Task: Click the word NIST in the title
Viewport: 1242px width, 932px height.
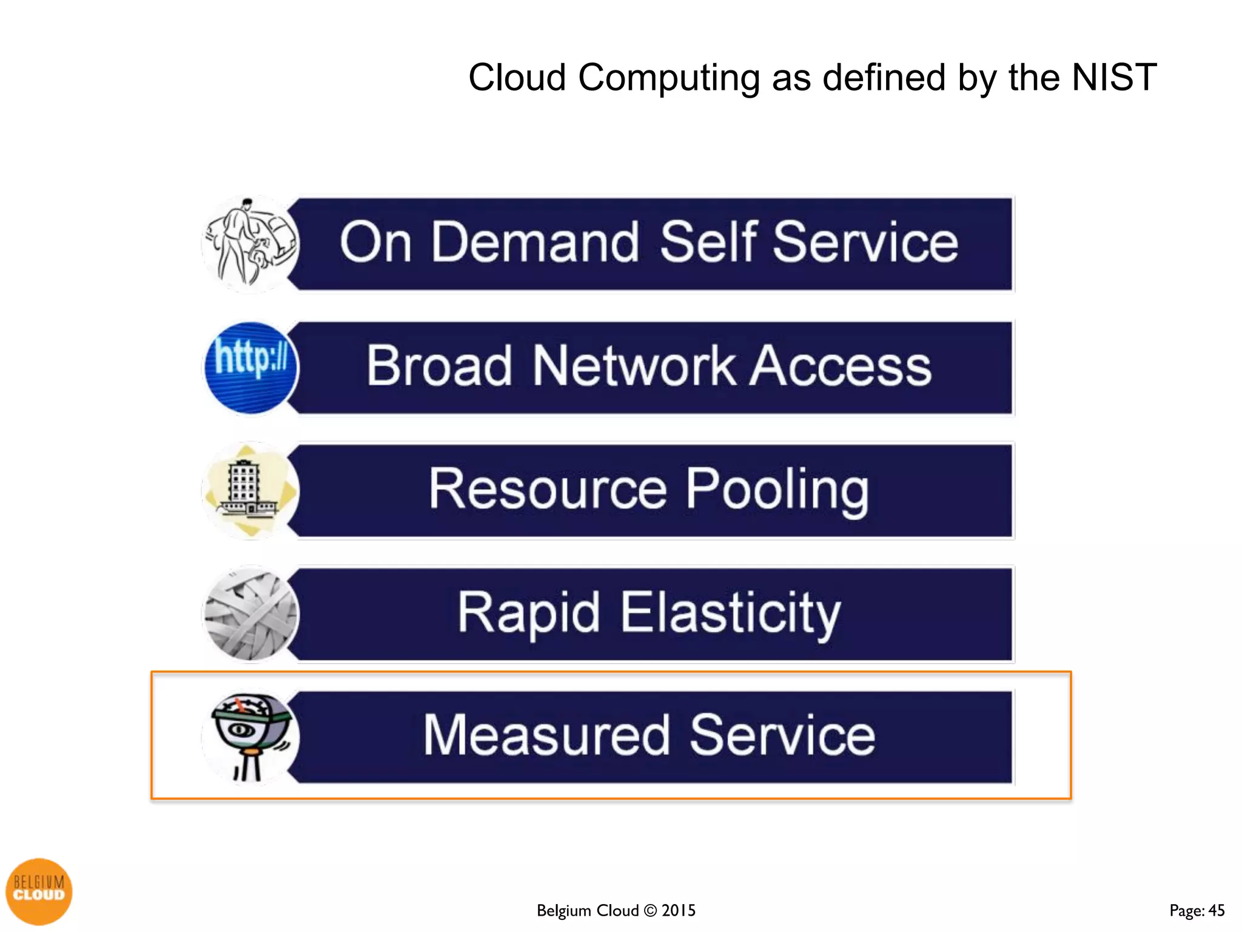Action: [x=1114, y=78]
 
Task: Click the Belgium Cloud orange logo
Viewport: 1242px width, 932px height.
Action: [x=39, y=891]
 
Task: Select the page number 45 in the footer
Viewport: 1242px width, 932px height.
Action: [x=1217, y=910]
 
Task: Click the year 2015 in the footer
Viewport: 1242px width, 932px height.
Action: [x=679, y=910]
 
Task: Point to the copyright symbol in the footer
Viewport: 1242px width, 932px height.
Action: [x=650, y=910]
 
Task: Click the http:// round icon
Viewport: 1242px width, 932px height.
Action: [x=251, y=368]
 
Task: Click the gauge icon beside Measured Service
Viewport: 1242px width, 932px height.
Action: [x=251, y=737]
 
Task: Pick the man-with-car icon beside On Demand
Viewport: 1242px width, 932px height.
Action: [x=250, y=244]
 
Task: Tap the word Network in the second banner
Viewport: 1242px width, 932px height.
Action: [x=634, y=366]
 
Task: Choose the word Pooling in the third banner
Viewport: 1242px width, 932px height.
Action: [x=777, y=490]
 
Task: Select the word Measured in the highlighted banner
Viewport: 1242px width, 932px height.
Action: [x=546, y=735]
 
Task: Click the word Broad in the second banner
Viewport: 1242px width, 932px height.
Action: [x=440, y=366]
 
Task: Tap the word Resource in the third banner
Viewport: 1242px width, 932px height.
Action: [x=548, y=489]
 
